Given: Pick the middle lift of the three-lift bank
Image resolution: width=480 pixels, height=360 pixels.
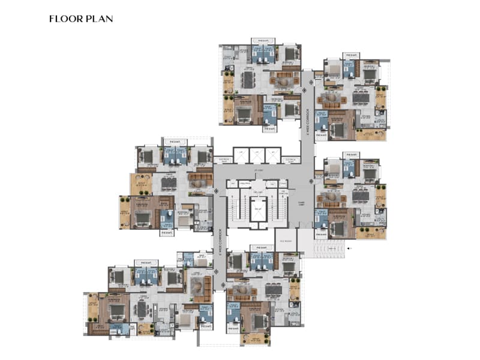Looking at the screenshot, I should pos(257,155).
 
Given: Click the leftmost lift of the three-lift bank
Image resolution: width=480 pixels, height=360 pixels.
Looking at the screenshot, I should pos(241,155).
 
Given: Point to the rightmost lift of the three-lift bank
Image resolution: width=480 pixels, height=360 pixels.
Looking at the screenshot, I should pos(273,155).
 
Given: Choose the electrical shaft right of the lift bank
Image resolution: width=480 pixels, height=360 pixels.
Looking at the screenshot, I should pos(291,160).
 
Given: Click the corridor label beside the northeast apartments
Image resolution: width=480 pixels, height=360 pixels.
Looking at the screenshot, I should pos(307,120).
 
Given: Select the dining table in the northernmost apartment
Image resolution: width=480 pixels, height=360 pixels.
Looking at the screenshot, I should pos(248,80).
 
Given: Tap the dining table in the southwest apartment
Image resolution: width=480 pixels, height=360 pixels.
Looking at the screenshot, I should pos(142,310).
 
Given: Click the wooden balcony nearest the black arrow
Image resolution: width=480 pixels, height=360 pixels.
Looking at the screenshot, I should pos(370,232).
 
